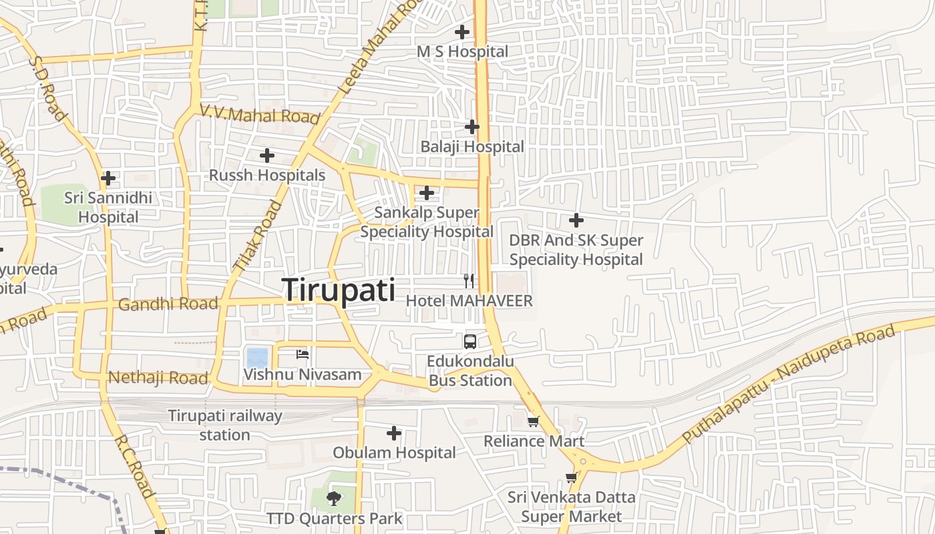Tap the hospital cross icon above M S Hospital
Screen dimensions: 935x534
click(461, 31)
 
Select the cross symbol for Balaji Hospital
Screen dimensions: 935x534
click(472, 126)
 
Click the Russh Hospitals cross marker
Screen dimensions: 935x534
click(267, 156)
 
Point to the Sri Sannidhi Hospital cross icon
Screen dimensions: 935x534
click(108, 178)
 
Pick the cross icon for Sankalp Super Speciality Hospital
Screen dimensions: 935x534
click(427, 194)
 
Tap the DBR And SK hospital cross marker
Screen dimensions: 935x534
click(576, 220)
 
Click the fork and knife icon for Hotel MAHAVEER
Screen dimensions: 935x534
click(469, 281)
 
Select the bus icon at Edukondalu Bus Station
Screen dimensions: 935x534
click(470, 341)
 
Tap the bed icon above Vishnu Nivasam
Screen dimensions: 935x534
click(303, 354)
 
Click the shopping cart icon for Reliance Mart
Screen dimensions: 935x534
click(533, 421)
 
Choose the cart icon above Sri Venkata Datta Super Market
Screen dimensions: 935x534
click(571, 477)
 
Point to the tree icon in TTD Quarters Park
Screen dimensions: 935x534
click(334, 498)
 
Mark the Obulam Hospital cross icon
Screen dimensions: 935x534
click(394, 433)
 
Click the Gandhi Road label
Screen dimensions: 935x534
click(168, 304)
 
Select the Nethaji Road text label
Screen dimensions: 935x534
click(158, 378)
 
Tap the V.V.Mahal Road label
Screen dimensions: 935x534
click(260, 115)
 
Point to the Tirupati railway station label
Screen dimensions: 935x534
click(225, 425)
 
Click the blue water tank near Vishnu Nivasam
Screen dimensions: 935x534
click(257, 358)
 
